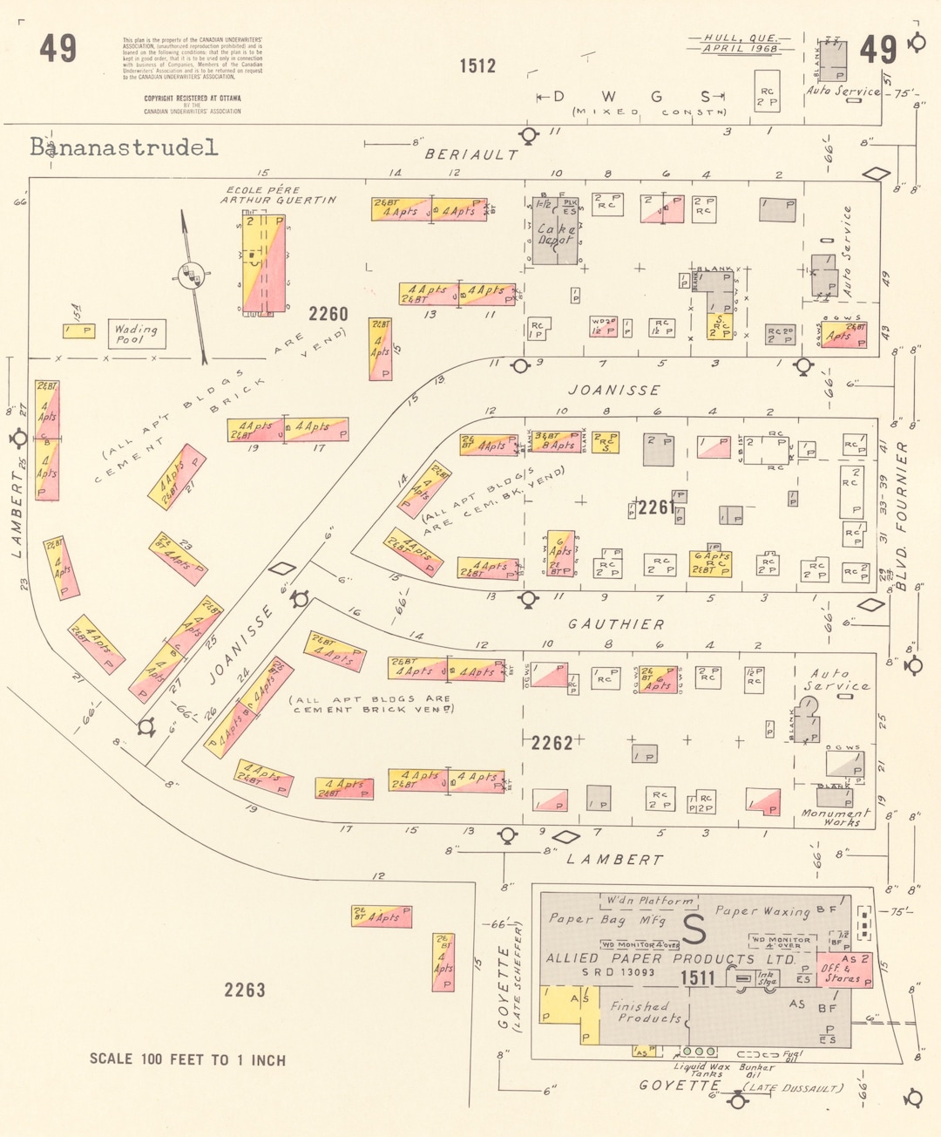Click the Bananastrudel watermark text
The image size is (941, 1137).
(x=124, y=147)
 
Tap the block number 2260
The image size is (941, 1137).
(x=328, y=314)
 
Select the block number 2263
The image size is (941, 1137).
(x=244, y=990)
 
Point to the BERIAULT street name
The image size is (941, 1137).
(x=471, y=154)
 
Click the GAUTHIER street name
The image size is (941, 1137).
(x=616, y=624)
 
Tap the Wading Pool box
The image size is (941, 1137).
(x=136, y=334)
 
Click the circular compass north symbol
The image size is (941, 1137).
(x=191, y=275)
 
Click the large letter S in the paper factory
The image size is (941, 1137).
(x=694, y=929)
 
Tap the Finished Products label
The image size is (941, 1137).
(x=646, y=1011)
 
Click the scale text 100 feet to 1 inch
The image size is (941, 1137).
(x=187, y=1059)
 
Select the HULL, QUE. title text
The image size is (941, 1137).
(x=741, y=38)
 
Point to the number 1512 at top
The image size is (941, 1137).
(x=477, y=65)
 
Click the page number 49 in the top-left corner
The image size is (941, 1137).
(x=58, y=49)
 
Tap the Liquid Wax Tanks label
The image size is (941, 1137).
(x=701, y=1070)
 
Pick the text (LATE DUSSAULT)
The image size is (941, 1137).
(x=793, y=1087)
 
